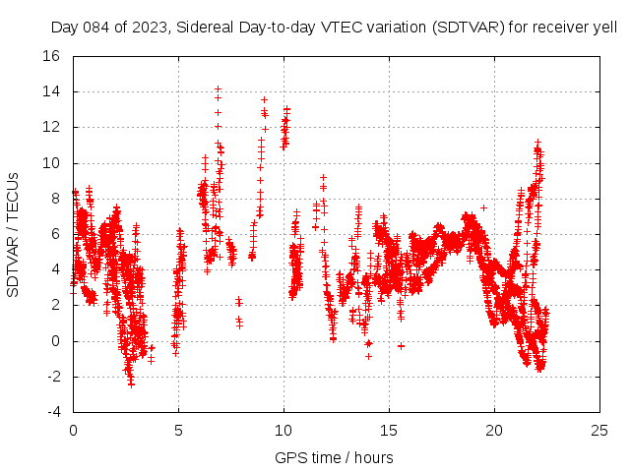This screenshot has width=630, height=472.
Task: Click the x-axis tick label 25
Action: click(x=598, y=430)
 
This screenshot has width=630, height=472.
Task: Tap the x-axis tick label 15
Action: click(x=389, y=430)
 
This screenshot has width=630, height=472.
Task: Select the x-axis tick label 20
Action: click(x=493, y=430)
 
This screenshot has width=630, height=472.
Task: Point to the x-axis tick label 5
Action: click(x=178, y=430)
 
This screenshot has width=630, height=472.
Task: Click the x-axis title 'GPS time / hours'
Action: click(x=335, y=457)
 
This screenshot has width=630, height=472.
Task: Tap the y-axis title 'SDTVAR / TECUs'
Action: click(x=14, y=234)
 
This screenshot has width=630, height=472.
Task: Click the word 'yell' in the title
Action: click(x=603, y=28)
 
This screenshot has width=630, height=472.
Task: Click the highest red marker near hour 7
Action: click(x=219, y=88)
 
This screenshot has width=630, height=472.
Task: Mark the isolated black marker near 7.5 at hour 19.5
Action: click(x=483, y=207)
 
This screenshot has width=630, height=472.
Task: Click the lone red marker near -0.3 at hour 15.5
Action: click(x=401, y=346)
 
